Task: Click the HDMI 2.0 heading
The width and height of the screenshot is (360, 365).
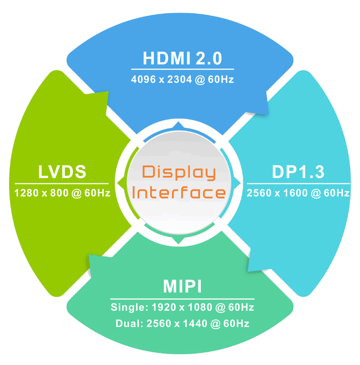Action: [x=182, y=58]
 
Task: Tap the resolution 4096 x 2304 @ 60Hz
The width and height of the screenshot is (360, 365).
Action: [x=182, y=80]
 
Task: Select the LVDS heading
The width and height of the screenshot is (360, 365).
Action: [x=62, y=172]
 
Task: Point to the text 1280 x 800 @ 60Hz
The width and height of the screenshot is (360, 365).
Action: [x=62, y=193]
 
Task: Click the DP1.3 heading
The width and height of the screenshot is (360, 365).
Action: [x=298, y=172]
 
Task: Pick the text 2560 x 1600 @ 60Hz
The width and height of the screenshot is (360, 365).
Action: [x=298, y=193]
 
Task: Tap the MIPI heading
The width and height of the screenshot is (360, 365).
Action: [x=182, y=287]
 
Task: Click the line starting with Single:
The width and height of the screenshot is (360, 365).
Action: [x=182, y=308]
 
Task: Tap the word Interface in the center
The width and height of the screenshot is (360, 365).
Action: [x=179, y=193]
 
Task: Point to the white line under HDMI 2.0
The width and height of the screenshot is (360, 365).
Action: [x=182, y=69]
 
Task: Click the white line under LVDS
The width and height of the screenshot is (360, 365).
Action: [x=62, y=183]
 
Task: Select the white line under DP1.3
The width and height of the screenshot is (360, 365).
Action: [x=298, y=183]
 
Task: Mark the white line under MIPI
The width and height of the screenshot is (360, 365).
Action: [x=182, y=298]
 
